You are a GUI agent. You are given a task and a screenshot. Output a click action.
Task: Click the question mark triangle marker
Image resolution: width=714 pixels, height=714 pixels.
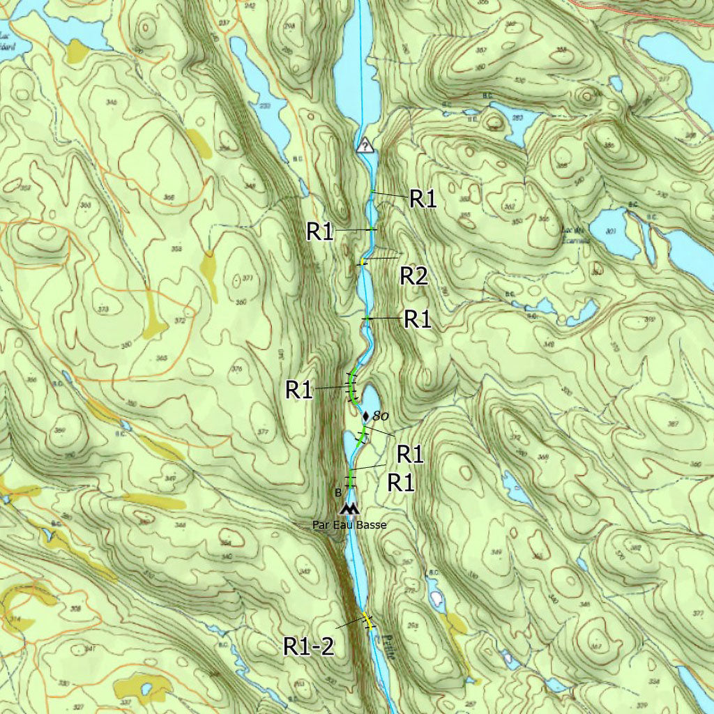[365, 145]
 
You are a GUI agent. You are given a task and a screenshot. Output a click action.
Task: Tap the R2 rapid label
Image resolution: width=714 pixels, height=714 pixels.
[413, 277]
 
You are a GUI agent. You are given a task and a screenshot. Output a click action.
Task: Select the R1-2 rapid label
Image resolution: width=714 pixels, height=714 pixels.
[308, 646]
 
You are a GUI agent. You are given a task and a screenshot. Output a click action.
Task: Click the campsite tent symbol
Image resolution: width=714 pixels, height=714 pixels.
[347, 509]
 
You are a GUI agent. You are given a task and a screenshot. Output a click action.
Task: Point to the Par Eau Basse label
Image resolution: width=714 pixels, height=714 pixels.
[349, 524]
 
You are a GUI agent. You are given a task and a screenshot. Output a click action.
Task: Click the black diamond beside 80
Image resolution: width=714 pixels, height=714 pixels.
[366, 416]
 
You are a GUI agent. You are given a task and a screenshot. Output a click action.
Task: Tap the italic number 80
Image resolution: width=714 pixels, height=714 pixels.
[380, 416]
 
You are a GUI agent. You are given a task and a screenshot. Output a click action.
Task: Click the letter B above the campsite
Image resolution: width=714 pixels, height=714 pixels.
[338, 493]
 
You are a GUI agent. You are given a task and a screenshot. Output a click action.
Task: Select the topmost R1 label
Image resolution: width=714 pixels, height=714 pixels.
[422, 199]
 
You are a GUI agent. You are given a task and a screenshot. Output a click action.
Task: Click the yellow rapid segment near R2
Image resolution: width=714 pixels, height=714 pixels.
[364, 261]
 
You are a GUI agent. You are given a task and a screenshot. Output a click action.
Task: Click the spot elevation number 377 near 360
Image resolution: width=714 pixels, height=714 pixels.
[248, 278]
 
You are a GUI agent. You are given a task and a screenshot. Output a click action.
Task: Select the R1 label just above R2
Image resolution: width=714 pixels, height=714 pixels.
[320, 231]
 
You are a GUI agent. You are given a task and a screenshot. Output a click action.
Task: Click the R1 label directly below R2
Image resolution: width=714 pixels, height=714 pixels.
[418, 320]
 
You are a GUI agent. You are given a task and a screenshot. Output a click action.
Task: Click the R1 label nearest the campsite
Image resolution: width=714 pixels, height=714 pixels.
[401, 482]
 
